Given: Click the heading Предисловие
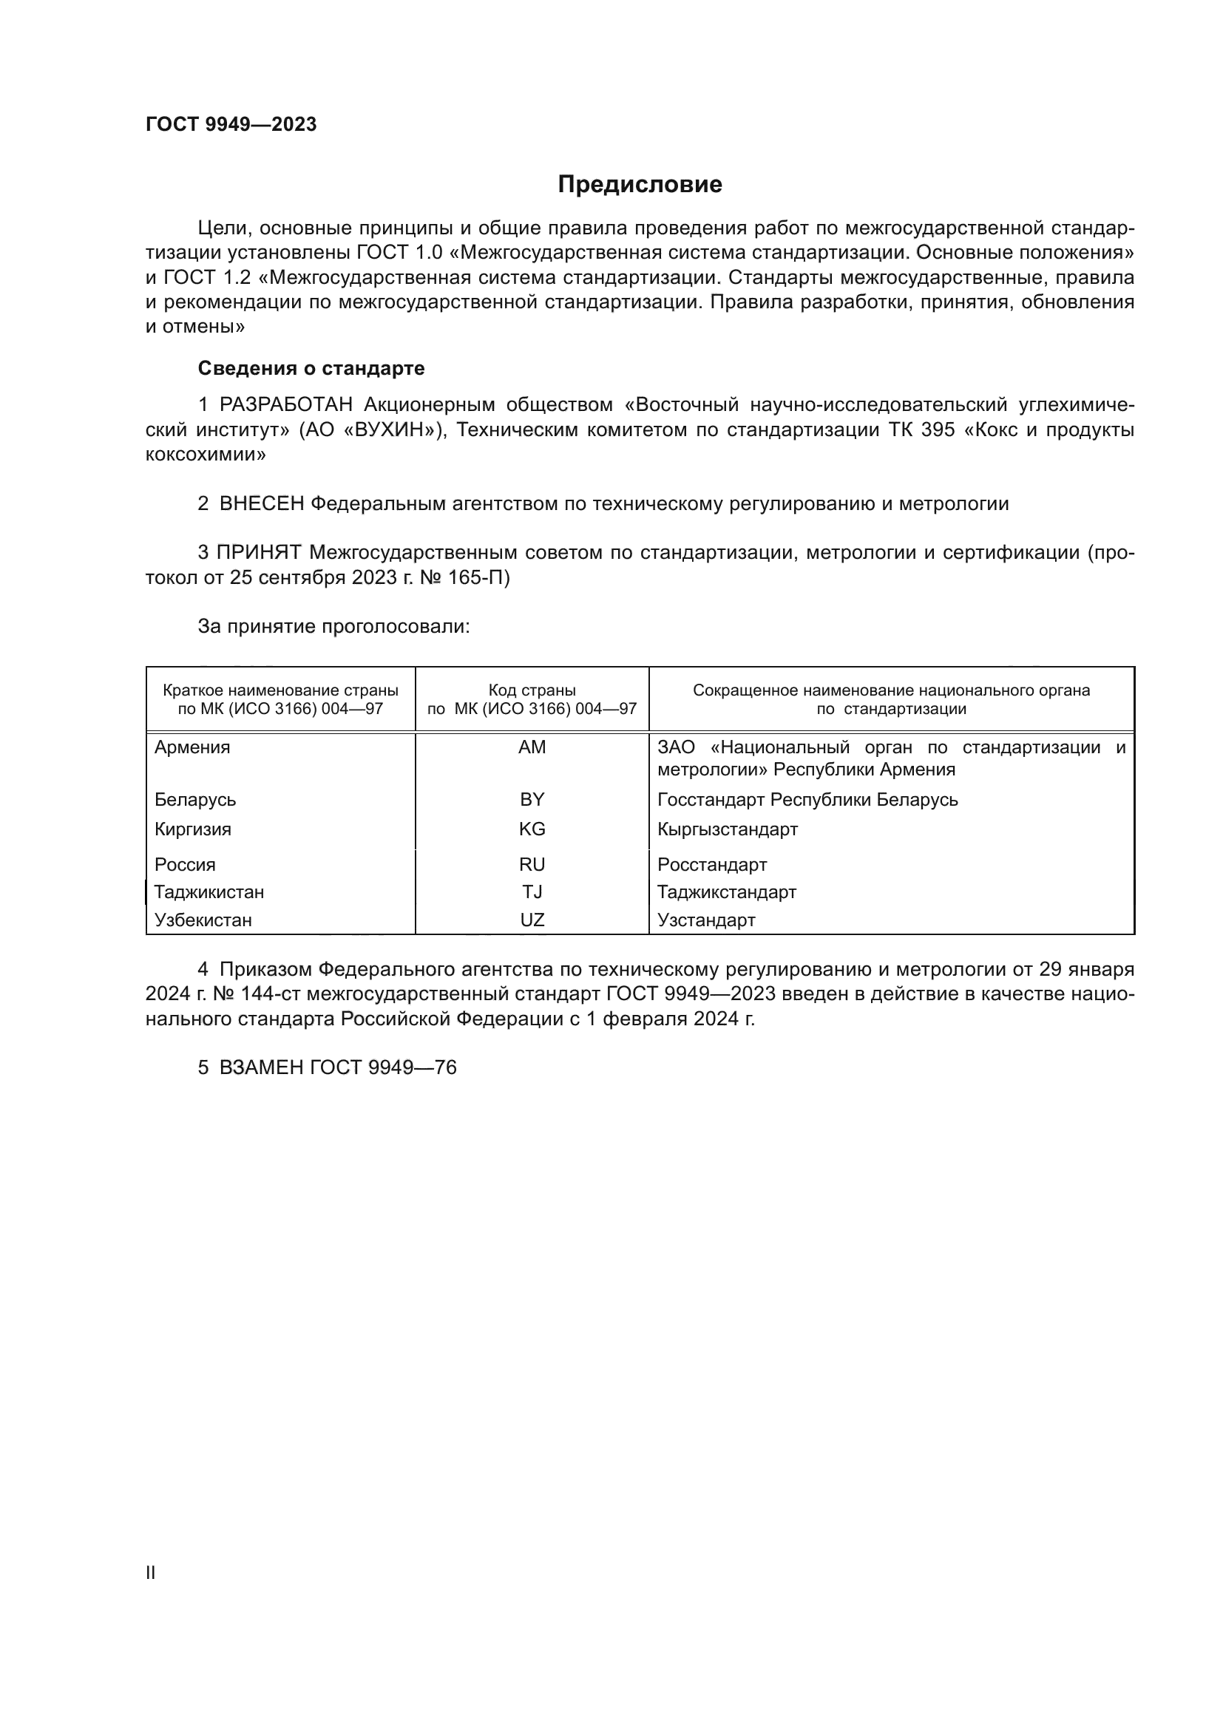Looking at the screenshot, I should tap(640, 185).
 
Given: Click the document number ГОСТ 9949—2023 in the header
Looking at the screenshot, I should tap(231, 124).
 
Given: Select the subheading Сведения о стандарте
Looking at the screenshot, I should tap(311, 368).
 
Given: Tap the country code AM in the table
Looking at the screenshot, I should tap(532, 747).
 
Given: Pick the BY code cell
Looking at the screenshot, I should tap(532, 799).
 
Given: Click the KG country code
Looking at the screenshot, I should tap(532, 829).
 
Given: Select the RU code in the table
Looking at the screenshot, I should tap(532, 865).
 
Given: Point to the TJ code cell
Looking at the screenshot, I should tap(532, 892).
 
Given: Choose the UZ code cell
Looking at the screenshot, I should tap(532, 920).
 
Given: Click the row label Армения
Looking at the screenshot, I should tap(192, 747).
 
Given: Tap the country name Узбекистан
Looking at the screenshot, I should tap(203, 920).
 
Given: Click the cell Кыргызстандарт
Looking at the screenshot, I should tap(727, 829).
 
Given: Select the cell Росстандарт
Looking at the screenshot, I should tap(711, 865).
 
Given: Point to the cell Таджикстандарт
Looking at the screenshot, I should tap(726, 892).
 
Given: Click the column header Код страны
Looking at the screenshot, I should tap(532, 690).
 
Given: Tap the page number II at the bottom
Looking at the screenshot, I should tap(151, 1572).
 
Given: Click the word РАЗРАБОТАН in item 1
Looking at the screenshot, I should tap(285, 405).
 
